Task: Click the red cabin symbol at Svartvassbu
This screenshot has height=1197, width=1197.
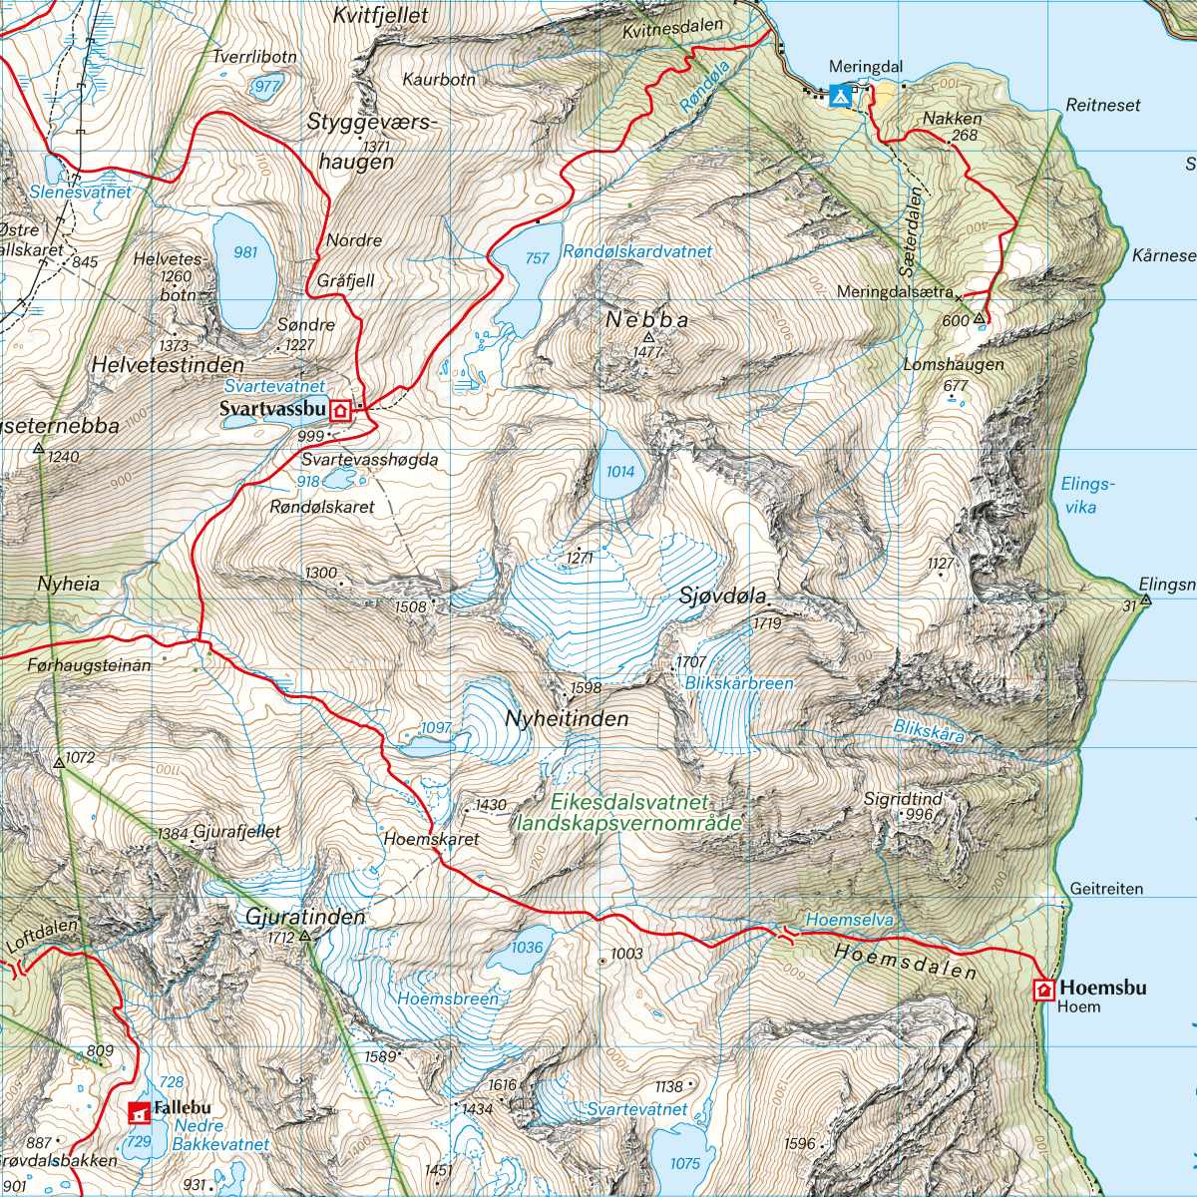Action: pyautogui.click(x=341, y=410)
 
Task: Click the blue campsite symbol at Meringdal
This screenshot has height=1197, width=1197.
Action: pyautogui.click(x=840, y=95)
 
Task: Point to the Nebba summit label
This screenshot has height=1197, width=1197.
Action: pyautogui.click(x=647, y=320)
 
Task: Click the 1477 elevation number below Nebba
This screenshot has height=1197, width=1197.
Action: pyautogui.click(x=647, y=352)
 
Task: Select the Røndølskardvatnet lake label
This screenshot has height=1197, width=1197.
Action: pyautogui.click(x=637, y=252)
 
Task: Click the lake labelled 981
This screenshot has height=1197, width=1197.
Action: pyautogui.click(x=244, y=269)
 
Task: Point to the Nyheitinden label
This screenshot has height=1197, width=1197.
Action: pyautogui.click(x=567, y=718)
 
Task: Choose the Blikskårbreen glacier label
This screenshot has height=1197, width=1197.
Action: pyautogui.click(x=738, y=683)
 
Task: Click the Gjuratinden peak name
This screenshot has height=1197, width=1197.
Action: pyautogui.click(x=305, y=916)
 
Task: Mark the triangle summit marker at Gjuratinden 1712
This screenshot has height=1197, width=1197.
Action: pyautogui.click(x=305, y=937)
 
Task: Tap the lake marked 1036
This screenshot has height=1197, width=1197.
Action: pyautogui.click(x=526, y=950)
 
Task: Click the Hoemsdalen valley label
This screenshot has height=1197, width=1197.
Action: pyautogui.click(x=905, y=961)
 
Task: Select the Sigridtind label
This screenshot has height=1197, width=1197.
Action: pyautogui.click(x=903, y=799)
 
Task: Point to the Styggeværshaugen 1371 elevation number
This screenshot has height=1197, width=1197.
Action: pyautogui.click(x=376, y=147)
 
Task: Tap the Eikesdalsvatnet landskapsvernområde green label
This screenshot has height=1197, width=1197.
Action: pyautogui.click(x=628, y=813)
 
